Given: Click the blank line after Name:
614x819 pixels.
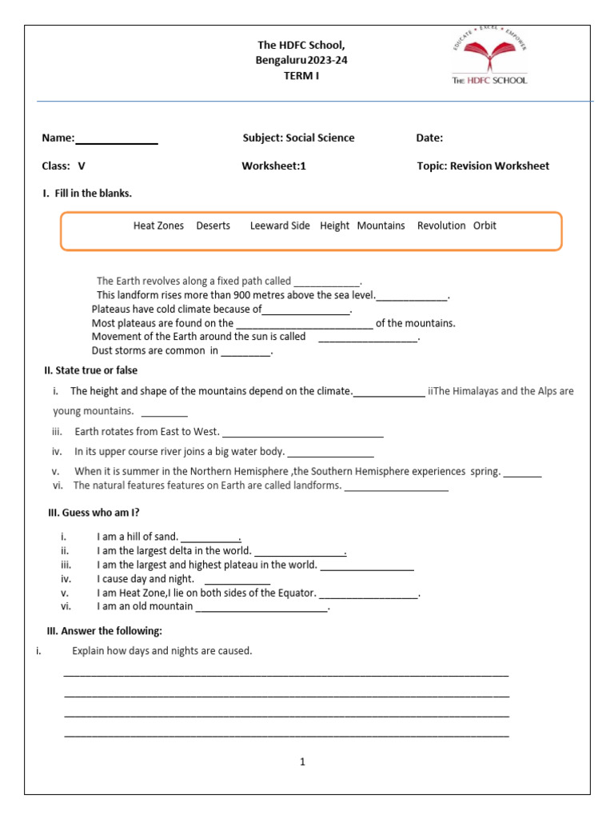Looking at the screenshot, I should click(117, 140).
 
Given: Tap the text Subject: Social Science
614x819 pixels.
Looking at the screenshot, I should click(298, 138).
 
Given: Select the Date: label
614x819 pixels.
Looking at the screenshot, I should click(429, 138).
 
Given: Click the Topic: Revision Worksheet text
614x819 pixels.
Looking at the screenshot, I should click(483, 166).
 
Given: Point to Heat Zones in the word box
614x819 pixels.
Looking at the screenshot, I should click(158, 226).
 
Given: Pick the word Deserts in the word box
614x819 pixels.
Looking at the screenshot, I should click(213, 226).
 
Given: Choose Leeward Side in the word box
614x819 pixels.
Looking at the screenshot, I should click(280, 226).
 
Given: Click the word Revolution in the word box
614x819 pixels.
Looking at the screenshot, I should click(441, 226).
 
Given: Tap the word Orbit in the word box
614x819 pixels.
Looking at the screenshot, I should click(484, 226).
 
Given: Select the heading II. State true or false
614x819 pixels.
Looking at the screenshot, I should click(90, 370).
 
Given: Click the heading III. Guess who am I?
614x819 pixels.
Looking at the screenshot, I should click(99, 513).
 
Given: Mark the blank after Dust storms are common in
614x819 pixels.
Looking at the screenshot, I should click(246, 352).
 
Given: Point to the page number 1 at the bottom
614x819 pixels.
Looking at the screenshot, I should click(303, 762).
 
